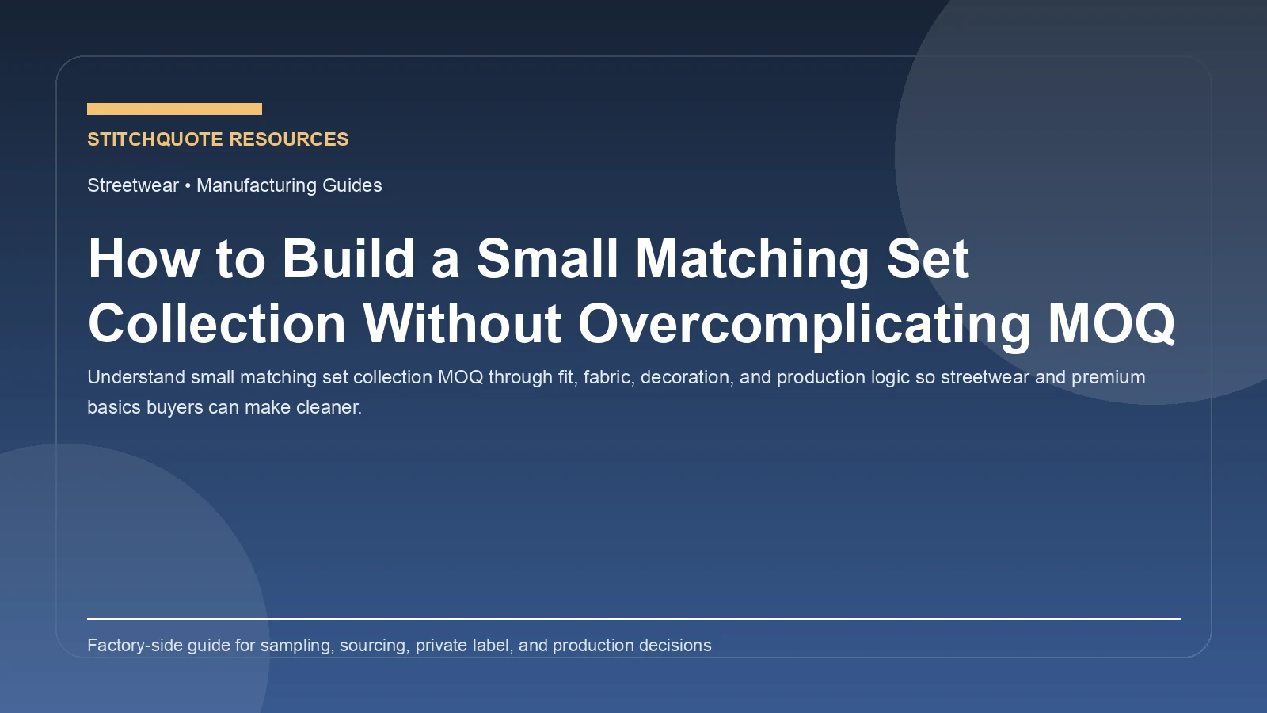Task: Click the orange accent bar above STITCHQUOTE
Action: pos(174,109)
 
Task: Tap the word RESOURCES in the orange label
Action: pos(290,139)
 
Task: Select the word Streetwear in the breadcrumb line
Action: pos(133,185)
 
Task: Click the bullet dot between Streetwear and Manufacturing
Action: pos(188,185)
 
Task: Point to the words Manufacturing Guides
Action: pos(289,185)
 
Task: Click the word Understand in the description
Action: pos(136,377)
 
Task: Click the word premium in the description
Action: pos(1108,377)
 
